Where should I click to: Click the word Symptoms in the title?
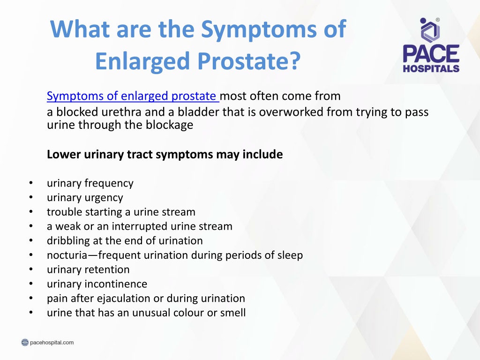tap(259, 30)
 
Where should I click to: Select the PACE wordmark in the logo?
tap(431, 54)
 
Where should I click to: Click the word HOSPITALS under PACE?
tap(431, 68)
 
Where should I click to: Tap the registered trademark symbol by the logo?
tap(438, 20)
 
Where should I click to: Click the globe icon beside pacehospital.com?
tap(25, 342)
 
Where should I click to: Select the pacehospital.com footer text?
tap(52, 342)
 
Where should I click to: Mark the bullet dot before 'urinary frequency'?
tap(31, 183)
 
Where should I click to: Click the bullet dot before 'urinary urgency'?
tap(31, 197)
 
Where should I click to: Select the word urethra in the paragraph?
tap(121, 112)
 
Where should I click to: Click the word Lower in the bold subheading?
tap(64, 154)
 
